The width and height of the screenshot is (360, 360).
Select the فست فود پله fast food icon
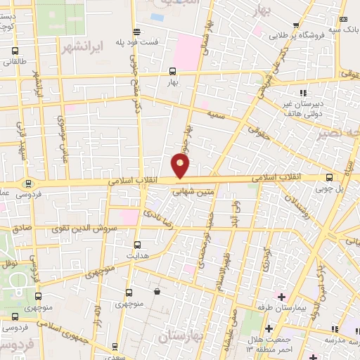pos(136,32)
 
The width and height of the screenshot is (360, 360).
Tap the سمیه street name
pos(215,115)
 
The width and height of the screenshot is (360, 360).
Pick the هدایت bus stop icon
pos(138,245)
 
